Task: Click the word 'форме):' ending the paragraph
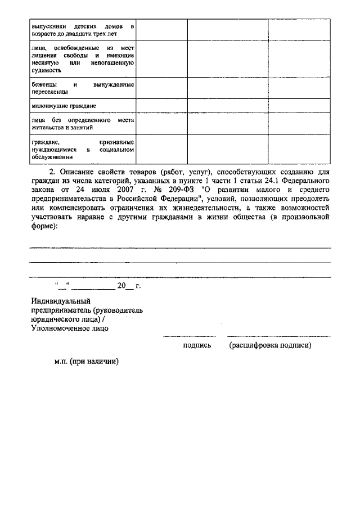(44, 226)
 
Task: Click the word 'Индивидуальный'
(61, 301)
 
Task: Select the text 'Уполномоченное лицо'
(70, 328)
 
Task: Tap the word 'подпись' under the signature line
(197, 345)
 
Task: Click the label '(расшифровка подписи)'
(270, 345)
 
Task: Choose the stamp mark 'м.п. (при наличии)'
(86, 363)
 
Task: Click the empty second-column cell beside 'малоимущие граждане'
(162, 106)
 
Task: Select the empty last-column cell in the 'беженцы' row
(299, 88)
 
